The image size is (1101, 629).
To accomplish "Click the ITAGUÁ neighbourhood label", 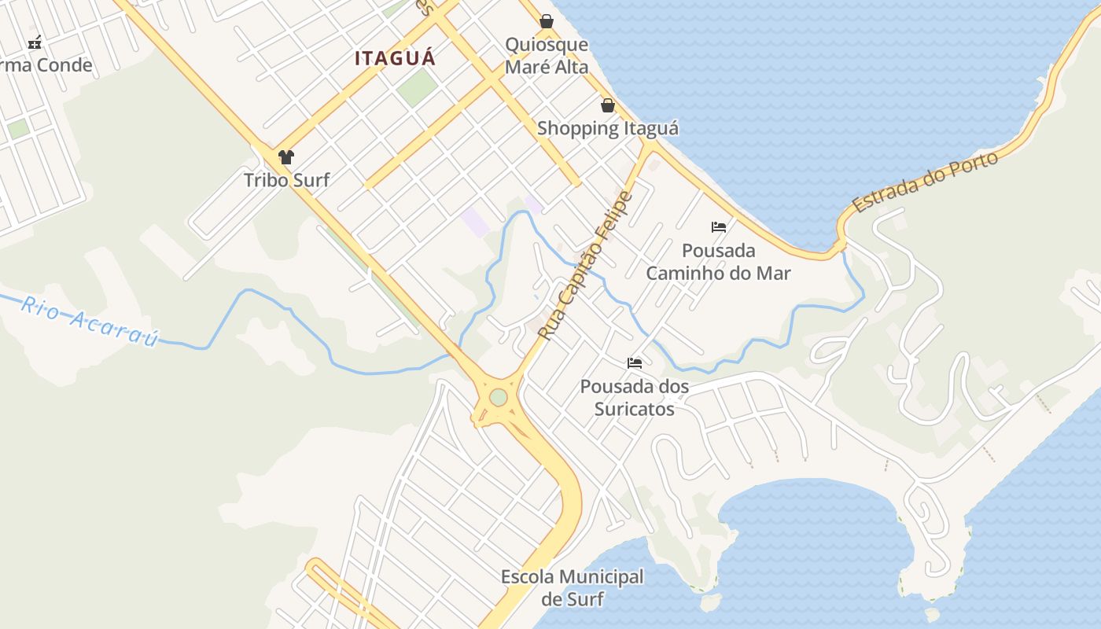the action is pos(395,58).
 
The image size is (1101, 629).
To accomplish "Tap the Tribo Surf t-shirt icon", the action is pos(286,157).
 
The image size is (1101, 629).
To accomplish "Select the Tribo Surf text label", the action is pos(286,180).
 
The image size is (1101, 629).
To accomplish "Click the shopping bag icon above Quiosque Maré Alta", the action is pos(547,21).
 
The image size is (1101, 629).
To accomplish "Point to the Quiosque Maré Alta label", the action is pos(547,56).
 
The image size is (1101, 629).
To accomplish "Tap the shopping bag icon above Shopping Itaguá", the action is pos(608,105).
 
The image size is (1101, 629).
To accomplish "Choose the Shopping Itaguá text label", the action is pos(608,128).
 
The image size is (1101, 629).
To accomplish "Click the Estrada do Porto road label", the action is pos(925,182).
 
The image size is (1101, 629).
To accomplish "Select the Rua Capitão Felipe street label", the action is pos(585,266).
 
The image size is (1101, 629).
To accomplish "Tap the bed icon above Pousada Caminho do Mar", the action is pos(718,227).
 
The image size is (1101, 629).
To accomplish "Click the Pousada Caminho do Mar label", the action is pos(718,262).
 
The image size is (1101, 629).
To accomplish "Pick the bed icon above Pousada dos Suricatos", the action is pos(635,363).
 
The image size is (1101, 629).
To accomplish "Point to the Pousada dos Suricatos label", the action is pos(635,398).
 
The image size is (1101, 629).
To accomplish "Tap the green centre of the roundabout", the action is pos(499,398).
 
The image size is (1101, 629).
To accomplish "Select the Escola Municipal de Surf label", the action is pos(573,588).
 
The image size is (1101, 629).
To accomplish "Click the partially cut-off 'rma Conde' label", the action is pos(46,65).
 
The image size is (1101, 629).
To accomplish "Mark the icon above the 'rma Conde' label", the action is pos(35,42).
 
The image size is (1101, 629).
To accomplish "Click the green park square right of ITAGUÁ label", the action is pos(417,87).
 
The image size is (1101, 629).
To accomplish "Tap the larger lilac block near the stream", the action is pos(476,222).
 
